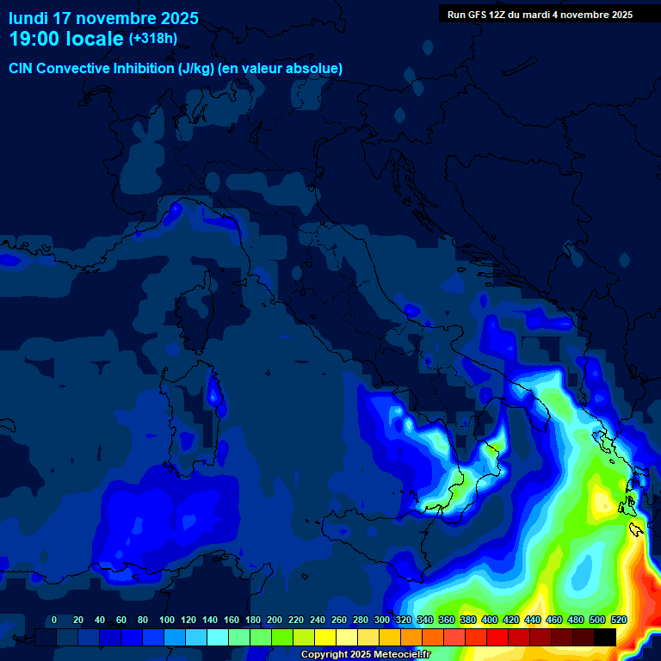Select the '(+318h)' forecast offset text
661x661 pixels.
click(x=153, y=39)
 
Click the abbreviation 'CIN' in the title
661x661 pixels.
click(x=22, y=68)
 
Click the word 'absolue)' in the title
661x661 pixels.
click(x=315, y=68)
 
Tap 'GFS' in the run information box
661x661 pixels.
click(x=481, y=15)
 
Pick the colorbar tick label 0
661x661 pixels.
click(x=54, y=620)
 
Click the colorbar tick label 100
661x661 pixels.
click(x=166, y=620)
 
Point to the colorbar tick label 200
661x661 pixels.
click(x=275, y=620)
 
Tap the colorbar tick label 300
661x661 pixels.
click(x=382, y=620)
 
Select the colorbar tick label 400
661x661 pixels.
click(x=490, y=620)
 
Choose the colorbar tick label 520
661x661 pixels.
click(x=618, y=620)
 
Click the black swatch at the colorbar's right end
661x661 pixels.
click(x=605, y=637)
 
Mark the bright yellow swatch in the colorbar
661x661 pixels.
click(x=325, y=637)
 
